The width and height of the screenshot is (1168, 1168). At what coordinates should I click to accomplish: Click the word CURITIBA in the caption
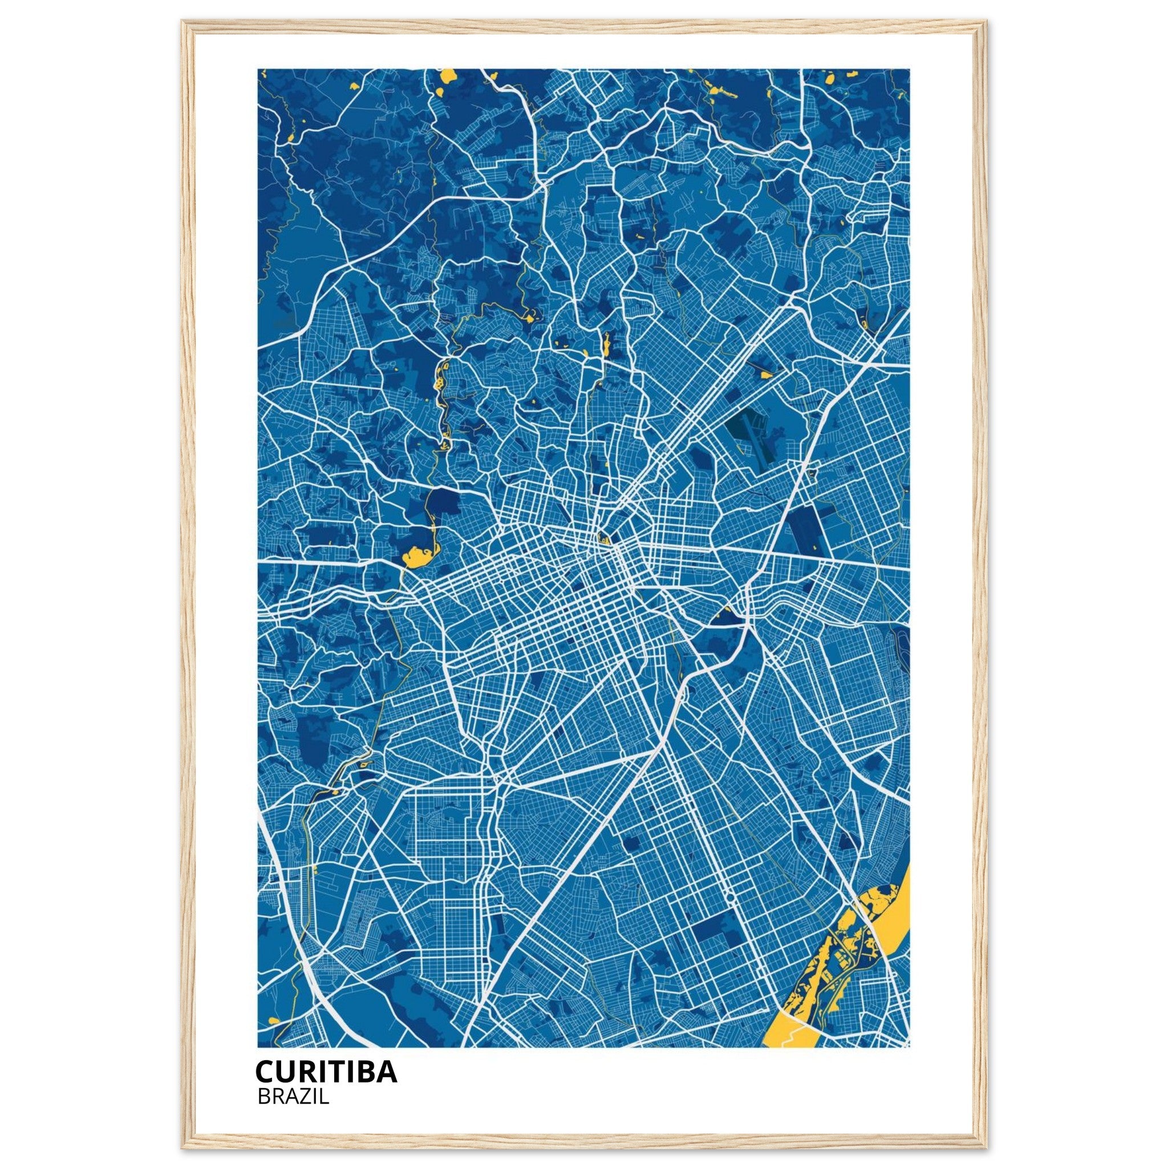point(326,1071)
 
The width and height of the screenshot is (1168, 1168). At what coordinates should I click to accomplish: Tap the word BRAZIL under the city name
point(293,1097)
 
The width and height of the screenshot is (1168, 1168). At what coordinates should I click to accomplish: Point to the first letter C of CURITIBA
point(264,1071)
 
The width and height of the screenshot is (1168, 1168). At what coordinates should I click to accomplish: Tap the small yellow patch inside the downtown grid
point(603,537)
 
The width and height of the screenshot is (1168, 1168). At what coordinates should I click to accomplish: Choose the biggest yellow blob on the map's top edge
point(448,76)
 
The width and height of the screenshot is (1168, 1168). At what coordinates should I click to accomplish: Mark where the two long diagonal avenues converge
point(656,752)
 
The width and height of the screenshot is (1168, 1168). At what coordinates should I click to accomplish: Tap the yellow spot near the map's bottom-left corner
point(274,1020)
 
